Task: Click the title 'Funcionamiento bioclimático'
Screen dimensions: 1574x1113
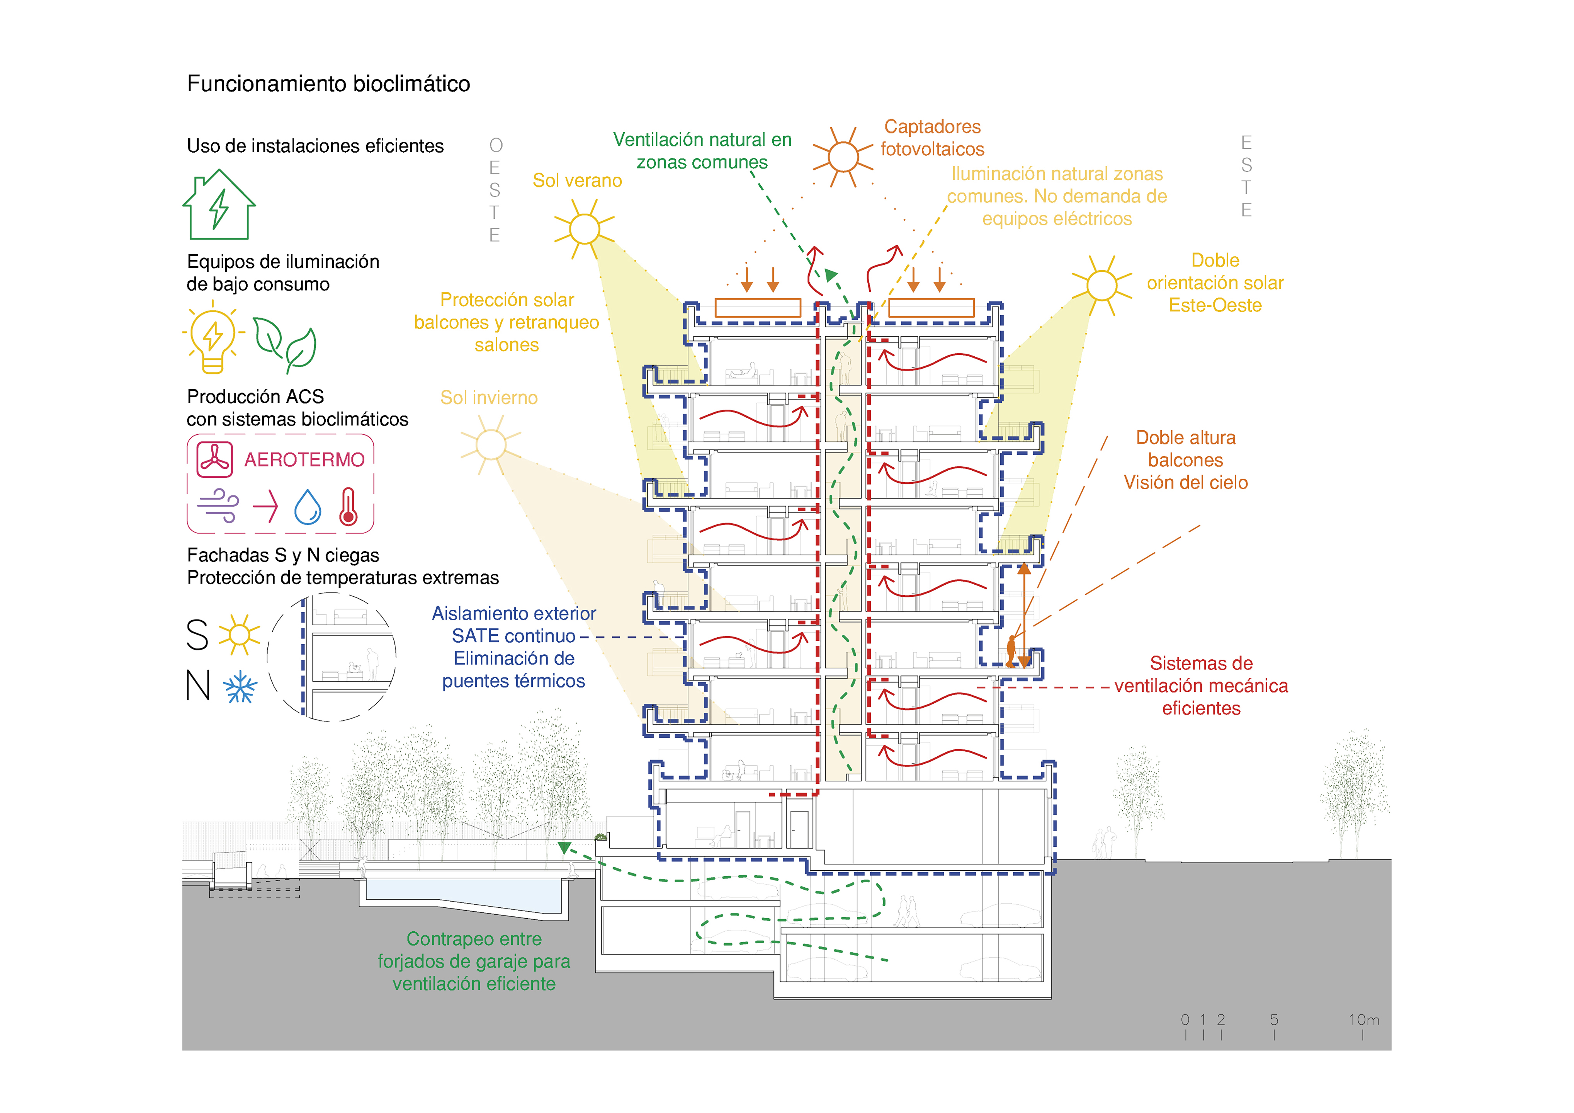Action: [x=328, y=83]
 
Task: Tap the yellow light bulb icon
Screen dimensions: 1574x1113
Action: [x=213, y=337]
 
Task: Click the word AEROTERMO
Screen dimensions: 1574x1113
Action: [x=304, y=459]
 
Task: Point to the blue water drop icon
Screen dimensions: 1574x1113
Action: [x=308, y=507]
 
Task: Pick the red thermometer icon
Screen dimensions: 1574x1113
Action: [x=348, y=507]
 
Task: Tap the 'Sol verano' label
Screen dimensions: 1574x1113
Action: [x=577, y=180]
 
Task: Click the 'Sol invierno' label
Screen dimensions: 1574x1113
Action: [x=489, y=398]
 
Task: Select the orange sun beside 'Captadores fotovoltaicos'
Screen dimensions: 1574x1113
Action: [x=843, y=157]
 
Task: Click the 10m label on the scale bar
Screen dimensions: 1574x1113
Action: [x=1363, y=1020]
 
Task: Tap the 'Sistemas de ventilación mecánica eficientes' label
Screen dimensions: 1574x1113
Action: [x=1201, y=686]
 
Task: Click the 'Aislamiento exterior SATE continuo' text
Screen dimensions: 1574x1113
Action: [x=514, y=625]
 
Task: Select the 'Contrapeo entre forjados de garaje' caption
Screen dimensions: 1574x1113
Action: [x=474, y=950]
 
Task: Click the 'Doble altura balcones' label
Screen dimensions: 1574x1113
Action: [x=1186, y=449]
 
